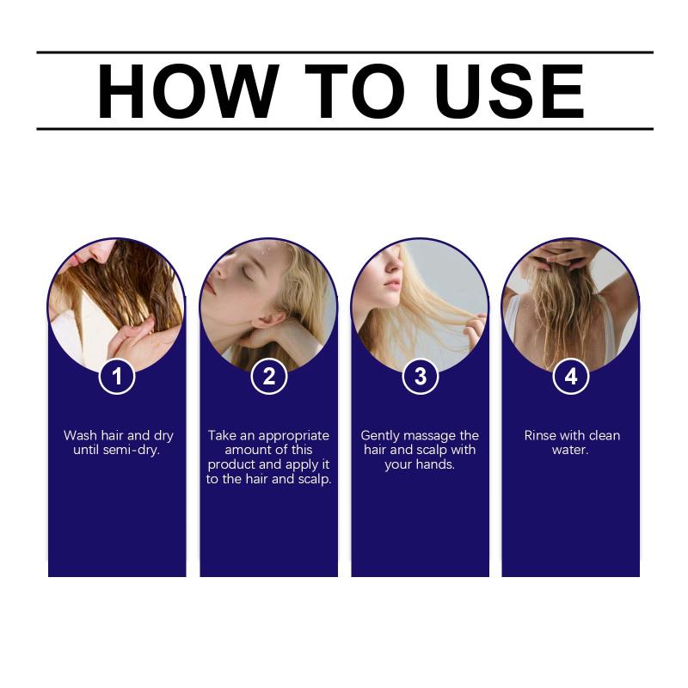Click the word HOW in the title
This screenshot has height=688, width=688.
point(187,91)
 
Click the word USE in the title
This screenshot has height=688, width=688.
point(509,91)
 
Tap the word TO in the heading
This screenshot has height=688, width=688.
point(354,91)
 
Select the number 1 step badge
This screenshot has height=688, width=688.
point(117,376)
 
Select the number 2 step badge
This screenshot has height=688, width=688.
point(268,376)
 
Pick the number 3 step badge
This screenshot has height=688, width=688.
point(421,376)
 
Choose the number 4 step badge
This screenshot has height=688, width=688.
point(571,376)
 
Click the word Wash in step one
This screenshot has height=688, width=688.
point(80,436)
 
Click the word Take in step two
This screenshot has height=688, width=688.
point(222,436)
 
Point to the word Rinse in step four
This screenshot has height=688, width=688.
point(537,436)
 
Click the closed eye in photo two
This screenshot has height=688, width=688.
point(247,273)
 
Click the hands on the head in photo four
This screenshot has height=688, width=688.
point(570,255)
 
